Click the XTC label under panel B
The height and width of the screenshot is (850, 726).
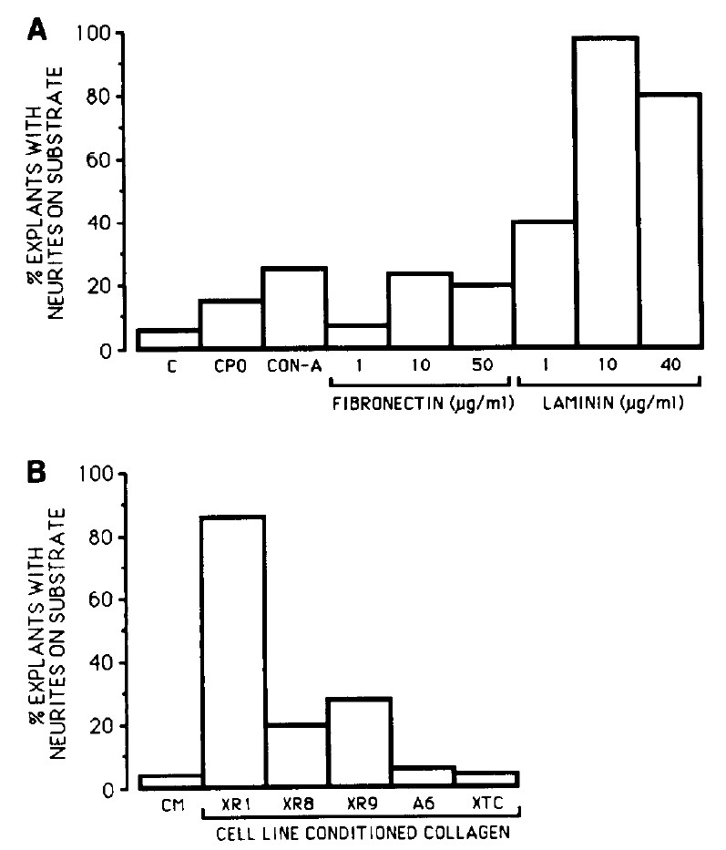(486, 806)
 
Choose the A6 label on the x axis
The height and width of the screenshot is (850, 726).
(422, 806)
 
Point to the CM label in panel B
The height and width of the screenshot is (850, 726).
(169, 806)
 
